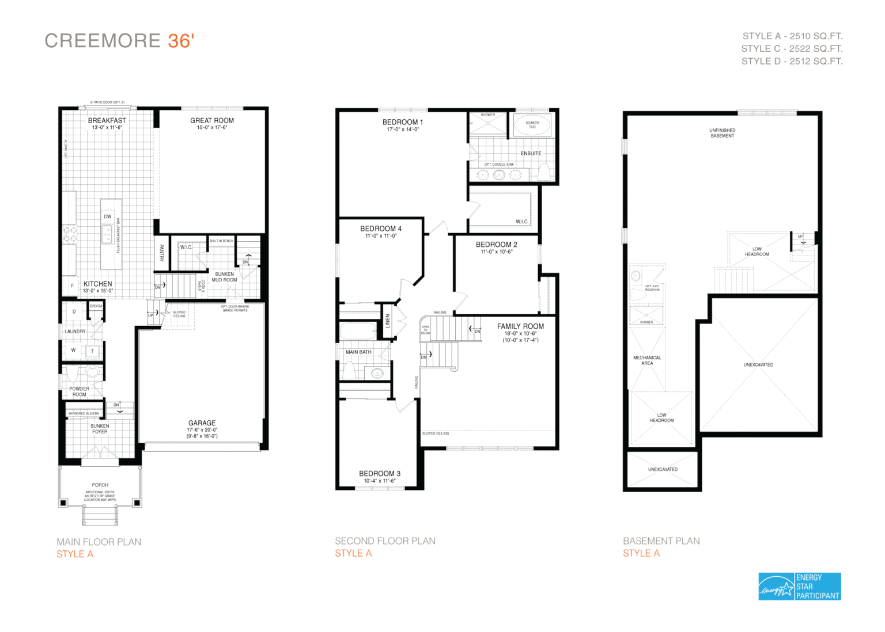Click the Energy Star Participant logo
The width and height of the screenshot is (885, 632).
point(799,586)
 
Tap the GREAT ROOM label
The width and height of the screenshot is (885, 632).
point(212,121)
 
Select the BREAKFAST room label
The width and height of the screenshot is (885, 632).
point(107,121)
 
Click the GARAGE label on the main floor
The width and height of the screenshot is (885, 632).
point(202,423)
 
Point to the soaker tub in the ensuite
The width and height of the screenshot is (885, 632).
point(532,124)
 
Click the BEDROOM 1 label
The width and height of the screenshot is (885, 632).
point(403,122)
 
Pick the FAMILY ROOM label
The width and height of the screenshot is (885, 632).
point(520,326)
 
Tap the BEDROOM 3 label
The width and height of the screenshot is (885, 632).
point(379,474)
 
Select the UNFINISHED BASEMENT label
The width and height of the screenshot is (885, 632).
point(722,133)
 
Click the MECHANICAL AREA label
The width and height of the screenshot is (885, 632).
point(647,360)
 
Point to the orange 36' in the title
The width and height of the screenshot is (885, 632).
point(181,41)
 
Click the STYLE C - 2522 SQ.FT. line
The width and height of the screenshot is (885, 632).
point(792,49)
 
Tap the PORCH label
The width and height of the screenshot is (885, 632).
point(100,485)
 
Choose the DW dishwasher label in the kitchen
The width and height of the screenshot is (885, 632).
point(108,216)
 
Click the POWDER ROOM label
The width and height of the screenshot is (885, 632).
point(79,391)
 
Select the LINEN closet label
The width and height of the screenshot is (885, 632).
point(388,321)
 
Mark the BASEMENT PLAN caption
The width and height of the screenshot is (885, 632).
point(661,541)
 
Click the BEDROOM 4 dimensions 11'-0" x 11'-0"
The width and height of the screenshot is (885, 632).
point(380,236)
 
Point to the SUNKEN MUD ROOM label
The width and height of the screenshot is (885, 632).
point(224,277)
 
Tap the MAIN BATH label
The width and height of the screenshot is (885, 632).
point(358,352)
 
